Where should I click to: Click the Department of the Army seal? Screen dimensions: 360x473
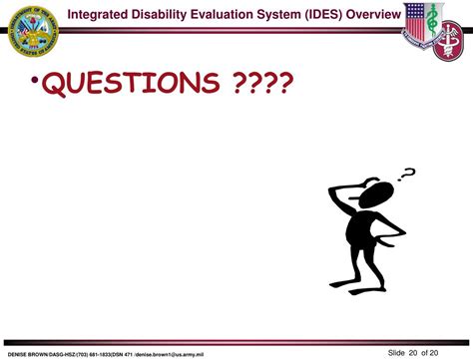(32, 33)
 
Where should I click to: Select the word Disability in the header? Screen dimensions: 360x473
(179, 13)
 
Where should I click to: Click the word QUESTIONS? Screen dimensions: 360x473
(139, 84)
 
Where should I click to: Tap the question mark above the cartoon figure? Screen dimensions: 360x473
(406, 175)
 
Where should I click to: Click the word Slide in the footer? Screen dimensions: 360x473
(397, 351)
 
